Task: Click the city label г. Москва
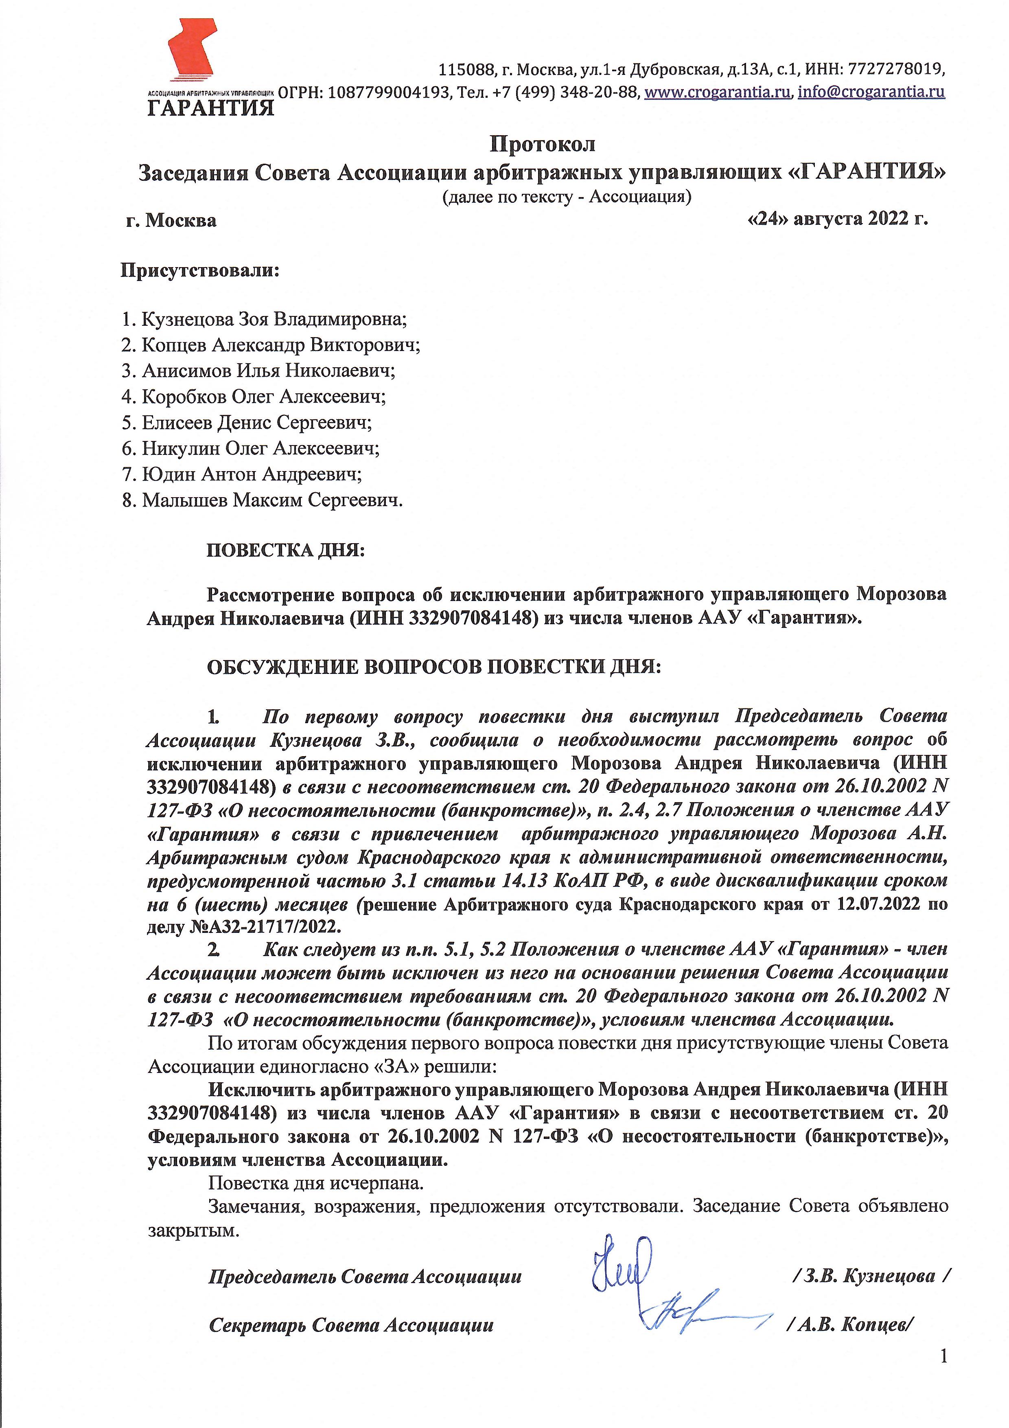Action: (171, 221)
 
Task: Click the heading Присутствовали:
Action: (199, 271)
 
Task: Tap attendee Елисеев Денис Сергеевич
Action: (256, 423)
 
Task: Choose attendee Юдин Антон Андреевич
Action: (251, 474)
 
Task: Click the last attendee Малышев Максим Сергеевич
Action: (271, 501)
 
